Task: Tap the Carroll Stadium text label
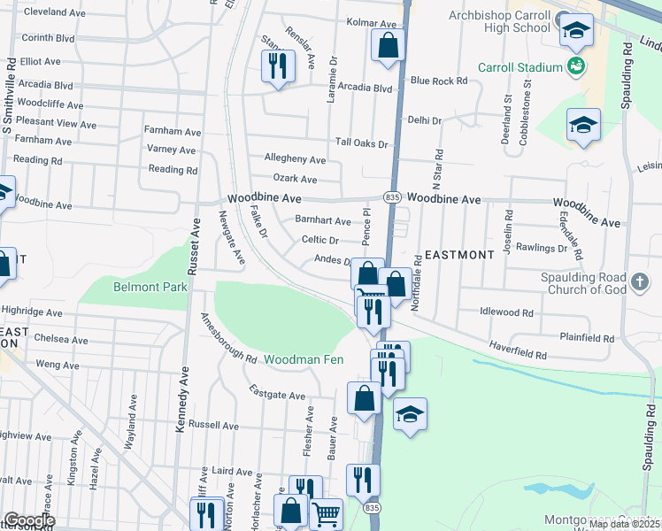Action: tap(520, 67)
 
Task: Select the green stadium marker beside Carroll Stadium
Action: tap(576, 65)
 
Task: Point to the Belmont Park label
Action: tap(138, 287)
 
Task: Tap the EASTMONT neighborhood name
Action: tap(459, 255)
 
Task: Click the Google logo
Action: tap(29, 520)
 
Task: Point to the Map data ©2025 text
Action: tap(625, 524)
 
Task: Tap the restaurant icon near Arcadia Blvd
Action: tap(278, 65)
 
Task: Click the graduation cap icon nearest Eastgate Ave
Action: tap(410, 413)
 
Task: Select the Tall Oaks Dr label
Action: tap(361, 143)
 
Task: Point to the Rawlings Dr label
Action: tap(542, 249)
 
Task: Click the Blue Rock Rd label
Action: tap(439, 81)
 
